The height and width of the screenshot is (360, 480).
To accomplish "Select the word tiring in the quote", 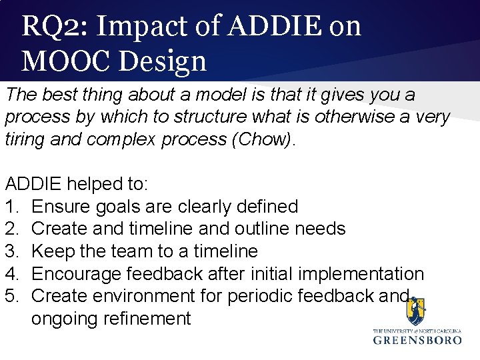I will point(25,139).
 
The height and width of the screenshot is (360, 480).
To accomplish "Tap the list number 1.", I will point(11,207).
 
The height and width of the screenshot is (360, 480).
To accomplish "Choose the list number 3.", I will point(11,251).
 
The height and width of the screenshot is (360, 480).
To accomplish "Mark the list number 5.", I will point(11,296).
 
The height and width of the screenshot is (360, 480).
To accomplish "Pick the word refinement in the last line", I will point(147,319).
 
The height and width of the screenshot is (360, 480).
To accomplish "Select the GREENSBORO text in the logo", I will point(417,340).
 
